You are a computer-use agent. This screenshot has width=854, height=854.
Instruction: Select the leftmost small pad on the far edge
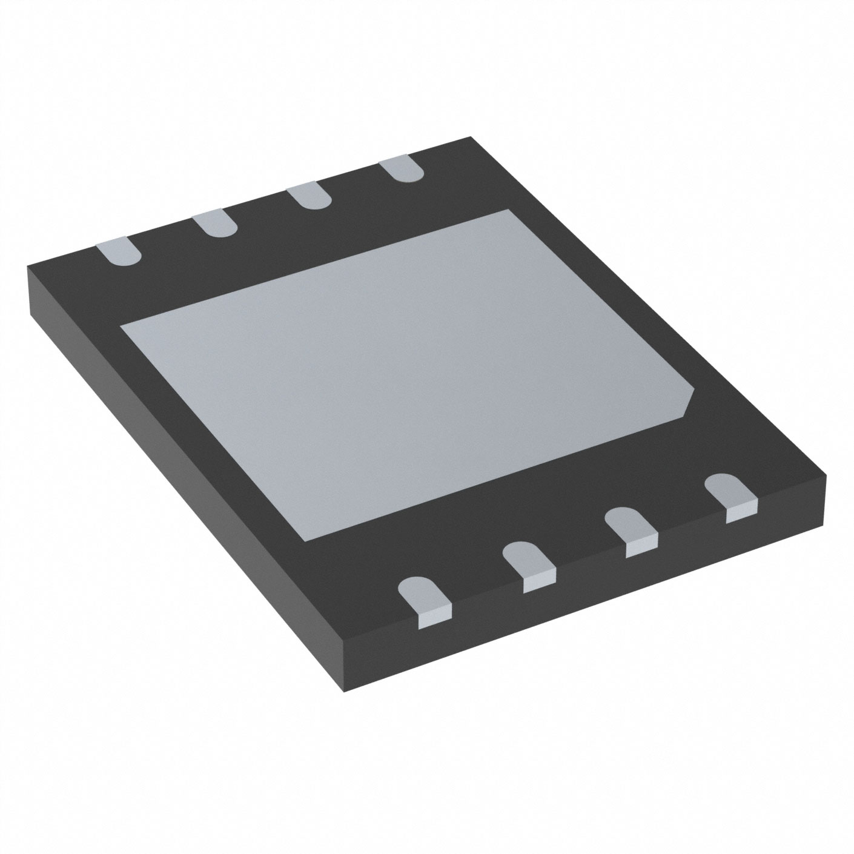tap(119, 251)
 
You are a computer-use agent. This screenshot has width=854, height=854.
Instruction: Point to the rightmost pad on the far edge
tap(401, 167)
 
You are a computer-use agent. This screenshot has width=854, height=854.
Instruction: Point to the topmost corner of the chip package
tap(471, 137)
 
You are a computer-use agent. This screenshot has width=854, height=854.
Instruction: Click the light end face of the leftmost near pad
tap(435, 618)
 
